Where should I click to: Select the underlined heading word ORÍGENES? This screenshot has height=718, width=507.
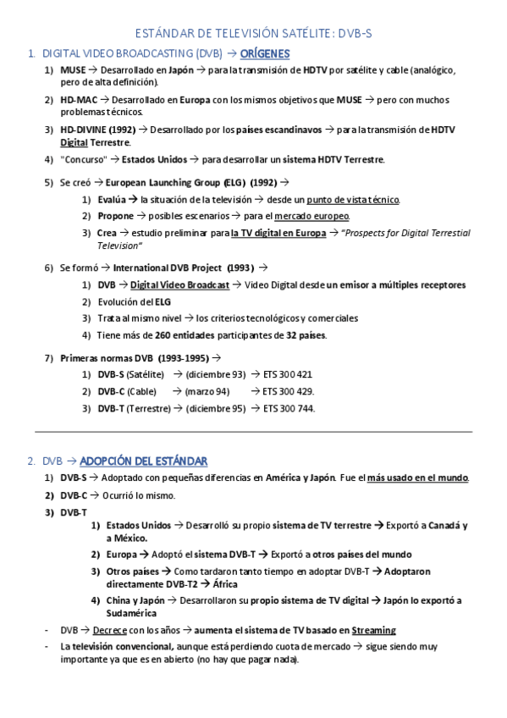tap(265, 53)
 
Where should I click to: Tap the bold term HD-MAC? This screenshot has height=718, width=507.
tap(79, 99)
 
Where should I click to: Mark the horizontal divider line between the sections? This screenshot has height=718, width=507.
tap(253, 432)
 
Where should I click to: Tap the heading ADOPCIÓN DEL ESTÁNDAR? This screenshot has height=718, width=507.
tap(143, 461)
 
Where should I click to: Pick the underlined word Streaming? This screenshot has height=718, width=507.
tap(373, 631)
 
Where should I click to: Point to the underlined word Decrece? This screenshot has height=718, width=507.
tap(109, 631)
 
